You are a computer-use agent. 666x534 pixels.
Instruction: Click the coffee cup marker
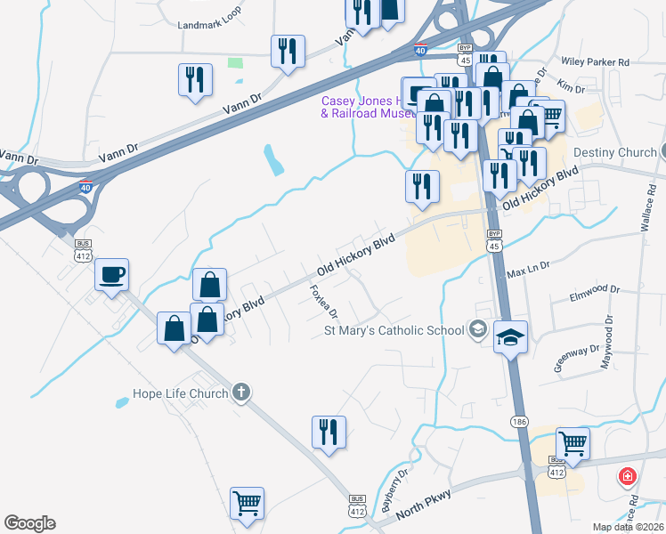point(112,274)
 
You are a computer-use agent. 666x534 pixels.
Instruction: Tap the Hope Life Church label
point(180,392)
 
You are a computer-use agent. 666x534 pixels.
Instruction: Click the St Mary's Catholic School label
point(394,331)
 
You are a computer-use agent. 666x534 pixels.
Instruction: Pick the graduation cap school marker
point(511,337)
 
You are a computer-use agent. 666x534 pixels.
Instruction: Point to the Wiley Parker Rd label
point(596,62)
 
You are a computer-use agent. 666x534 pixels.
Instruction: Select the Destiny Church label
point(614,153)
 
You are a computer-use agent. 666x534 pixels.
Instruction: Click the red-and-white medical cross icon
point(629,477)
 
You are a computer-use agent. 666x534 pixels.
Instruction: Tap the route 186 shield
point(519,420)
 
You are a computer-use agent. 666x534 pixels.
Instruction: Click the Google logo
point(29,523)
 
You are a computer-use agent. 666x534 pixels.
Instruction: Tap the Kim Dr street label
point(570,88)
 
